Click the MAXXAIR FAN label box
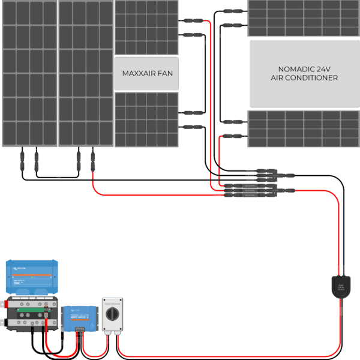(x=146, y=73)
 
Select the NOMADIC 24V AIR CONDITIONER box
(x=299, y=73)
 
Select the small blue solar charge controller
(x=79, y=316)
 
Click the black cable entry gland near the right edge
(x=340, y=286)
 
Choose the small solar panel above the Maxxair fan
(x=146, y=28)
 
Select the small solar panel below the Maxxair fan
(x=146, y=119)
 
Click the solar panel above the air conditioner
(x=299, y=18)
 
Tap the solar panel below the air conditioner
(x=299, y=128)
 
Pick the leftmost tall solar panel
(x=28, y=73)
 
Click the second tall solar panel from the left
(x=85, y=73)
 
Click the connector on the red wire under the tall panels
(x=92, y=160)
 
